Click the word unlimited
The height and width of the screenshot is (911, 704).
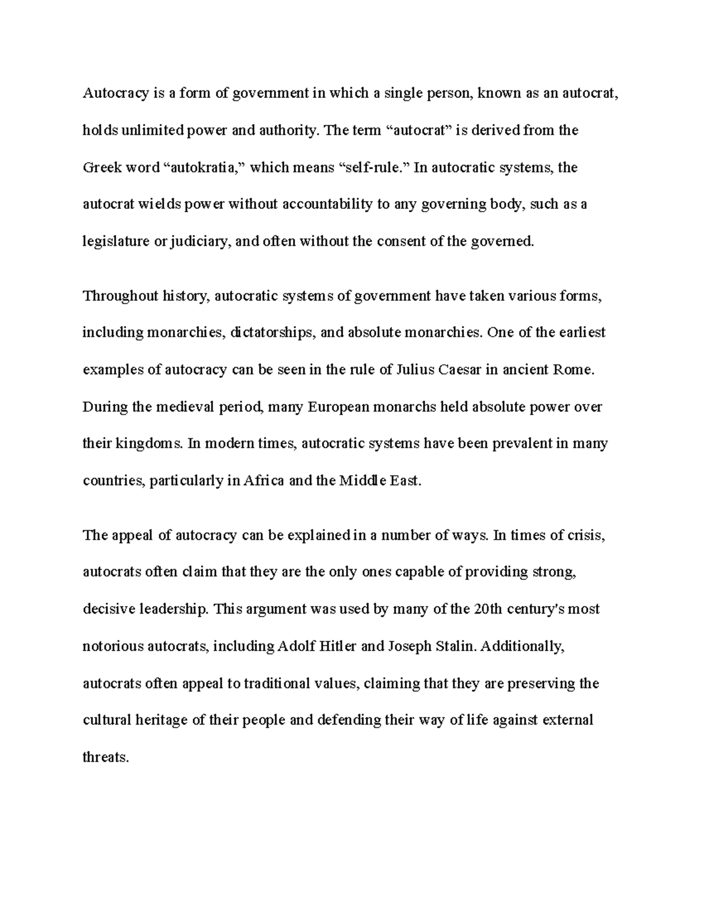[x=153, y=131]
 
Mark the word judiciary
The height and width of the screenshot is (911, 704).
[x=199, y=242]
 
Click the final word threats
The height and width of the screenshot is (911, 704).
[x=105, y=757]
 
